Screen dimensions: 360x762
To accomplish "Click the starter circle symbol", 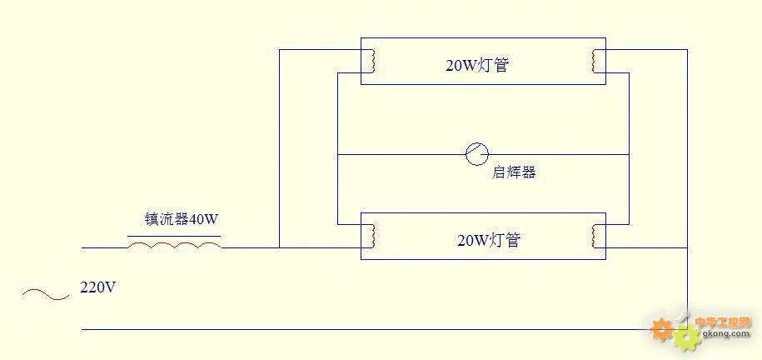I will tap(477, 153).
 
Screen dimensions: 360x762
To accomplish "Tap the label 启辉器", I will tap(513, 172).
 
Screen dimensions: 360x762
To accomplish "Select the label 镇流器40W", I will tap(182, 220).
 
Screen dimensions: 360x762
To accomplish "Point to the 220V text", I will tap(97, 287).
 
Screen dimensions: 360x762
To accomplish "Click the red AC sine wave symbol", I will tap(45, 293).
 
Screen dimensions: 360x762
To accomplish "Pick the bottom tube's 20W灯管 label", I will tap(488, 240).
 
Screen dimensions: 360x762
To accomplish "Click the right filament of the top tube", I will tap(593, 61).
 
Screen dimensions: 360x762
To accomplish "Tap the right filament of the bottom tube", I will tap(593, 236).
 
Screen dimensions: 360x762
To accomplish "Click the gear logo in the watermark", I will tap(675, 332).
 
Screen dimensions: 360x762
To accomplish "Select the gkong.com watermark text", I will tap(727, 334).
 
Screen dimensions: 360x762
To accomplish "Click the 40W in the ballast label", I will tap(204, 220).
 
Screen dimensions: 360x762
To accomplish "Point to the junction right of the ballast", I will tap(279, 247).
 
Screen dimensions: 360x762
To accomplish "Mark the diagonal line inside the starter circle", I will tap(477, 153).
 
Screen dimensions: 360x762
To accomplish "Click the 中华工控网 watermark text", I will tap(723, 322).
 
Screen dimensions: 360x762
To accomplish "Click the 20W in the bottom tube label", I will tap(472, 240).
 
